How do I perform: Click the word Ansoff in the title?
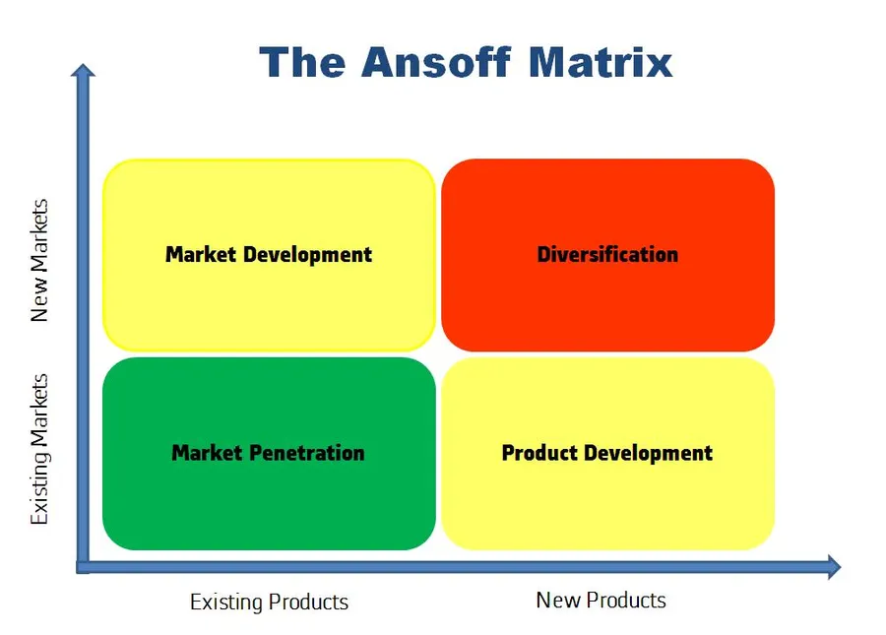pyautogui.click(x=439, y=63)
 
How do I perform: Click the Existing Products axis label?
pyautogui.click(x=269, y=602)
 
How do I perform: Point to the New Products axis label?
pyautogui.click(x=601, y=600)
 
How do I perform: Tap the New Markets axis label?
pyautogui.click(x=39, y=261)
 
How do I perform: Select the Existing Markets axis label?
pyautogui.click(x=39, y=448)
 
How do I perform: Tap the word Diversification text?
pyautogui.click(x=607, y=254)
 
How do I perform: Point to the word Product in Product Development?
pyautogui.click(x=539, y=453)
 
